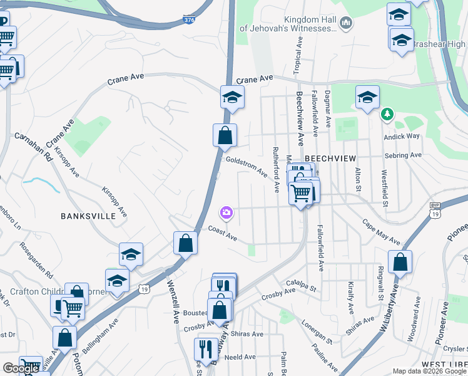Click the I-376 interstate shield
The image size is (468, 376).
[189, 20]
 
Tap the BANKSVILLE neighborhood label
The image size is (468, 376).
[88, 216]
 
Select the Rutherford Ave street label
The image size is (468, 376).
[275, 170]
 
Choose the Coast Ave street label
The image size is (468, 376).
[223, 234]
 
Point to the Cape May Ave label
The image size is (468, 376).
[381, 231]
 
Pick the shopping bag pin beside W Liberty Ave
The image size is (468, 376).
[400, 261]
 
